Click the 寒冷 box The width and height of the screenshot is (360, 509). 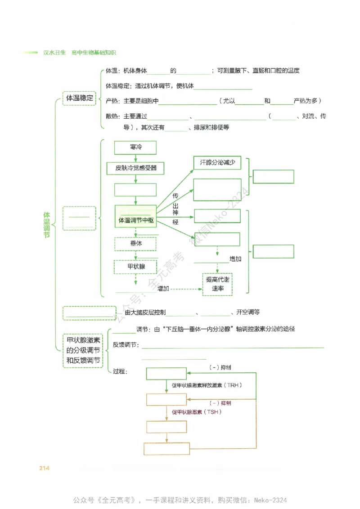click(x=135, y=147)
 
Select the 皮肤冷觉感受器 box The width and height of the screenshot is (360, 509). click(x=135, y=168)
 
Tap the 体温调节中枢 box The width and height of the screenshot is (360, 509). click(x=135, y=220)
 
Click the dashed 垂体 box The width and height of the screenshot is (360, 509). click(x=135, y=244)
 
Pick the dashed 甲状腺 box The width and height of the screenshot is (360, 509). click(x=135, y=267)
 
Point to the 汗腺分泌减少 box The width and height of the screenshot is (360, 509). click(x=218, y=163)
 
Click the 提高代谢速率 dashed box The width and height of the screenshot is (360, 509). click(x=218, y=284)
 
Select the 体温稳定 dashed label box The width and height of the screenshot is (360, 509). click(x=79, y=98)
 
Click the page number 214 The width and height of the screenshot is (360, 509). click(x=44, y=469)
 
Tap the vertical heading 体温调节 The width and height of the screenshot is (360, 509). click(x=46, y=225)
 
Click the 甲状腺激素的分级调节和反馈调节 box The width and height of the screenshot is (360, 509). click(x=83, y=351)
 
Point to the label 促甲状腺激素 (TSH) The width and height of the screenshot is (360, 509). click(x=197, y=412)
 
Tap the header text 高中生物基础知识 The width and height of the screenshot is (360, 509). click(x=94, y=53)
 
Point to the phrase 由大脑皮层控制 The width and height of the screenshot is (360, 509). click(x=145, y=312)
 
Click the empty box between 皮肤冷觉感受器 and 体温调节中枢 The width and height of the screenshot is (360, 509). click(x=135, y=190)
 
